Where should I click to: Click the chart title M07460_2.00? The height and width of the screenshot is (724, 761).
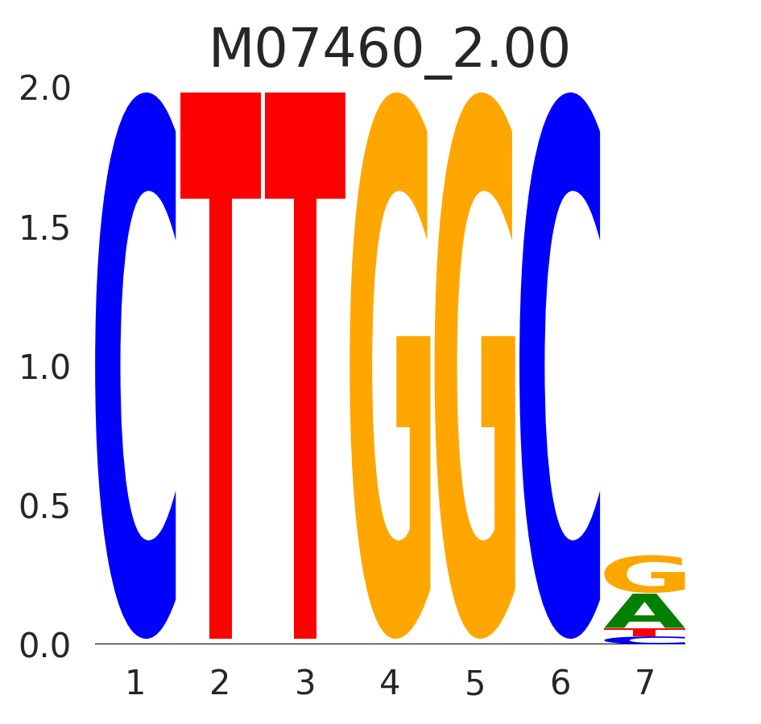pos(389,50)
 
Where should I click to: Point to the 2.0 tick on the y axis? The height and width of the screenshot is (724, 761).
pos(45,88)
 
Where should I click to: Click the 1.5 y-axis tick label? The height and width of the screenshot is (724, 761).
pos(45,229)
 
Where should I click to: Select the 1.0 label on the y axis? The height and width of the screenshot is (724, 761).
pos(45,368)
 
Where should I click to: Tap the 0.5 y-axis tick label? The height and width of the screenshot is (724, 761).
pos(45,508)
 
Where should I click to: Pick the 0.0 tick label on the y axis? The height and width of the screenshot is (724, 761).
pos(45,647)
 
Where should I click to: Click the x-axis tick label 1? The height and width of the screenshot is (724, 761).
pos(135,684)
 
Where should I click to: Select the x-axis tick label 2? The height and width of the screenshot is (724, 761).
pos(220,684)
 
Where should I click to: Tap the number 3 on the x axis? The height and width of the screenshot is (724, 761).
pos(305,684)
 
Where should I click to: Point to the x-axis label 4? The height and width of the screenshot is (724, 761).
pos(390,684)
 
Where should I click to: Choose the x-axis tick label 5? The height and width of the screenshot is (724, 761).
pos(475,684)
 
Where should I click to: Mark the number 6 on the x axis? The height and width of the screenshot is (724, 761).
pos(560,684)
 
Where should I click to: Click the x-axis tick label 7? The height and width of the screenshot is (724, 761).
pos(645,684)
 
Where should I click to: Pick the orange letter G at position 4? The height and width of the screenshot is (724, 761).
pos(362,366)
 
